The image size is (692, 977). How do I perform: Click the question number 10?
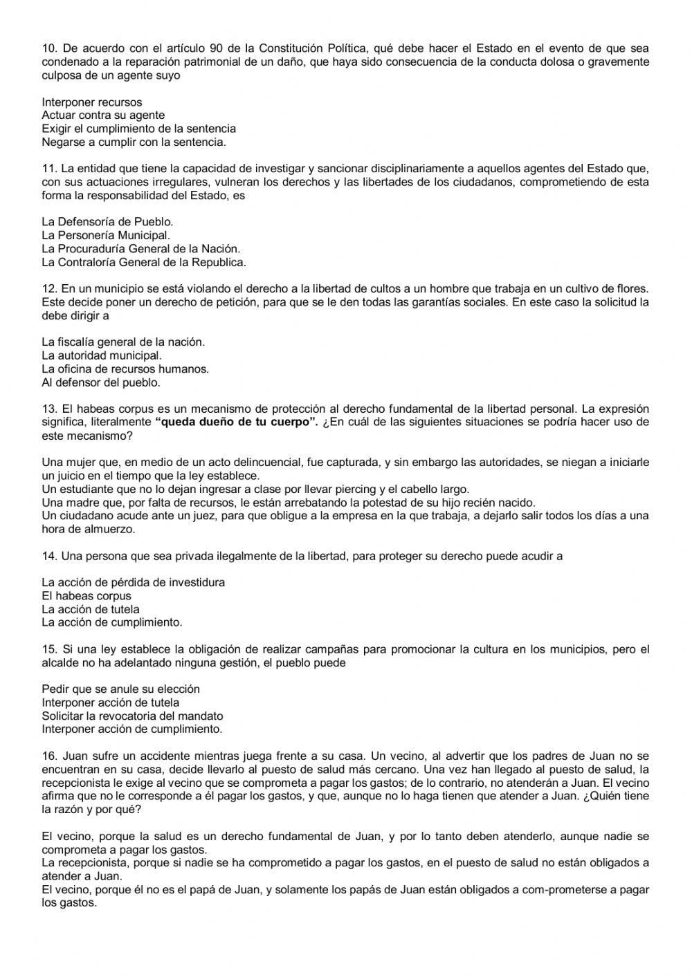click(x=49, y=48)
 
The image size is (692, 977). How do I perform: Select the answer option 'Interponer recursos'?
click(x=91, y=102)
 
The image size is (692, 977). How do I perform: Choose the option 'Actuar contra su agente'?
click(x=103, y=115)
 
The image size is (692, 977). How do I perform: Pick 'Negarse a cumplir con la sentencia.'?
click(x=134, y=142)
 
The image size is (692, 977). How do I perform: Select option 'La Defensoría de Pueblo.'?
click(x=107, y=223)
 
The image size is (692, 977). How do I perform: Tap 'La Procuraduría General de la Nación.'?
click(x=141, y=249)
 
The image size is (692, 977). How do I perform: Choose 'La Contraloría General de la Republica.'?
click(x=144, y=263)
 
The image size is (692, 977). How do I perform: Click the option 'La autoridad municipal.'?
click(x=101, y=356)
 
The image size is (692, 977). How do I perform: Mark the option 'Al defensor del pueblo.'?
click(x=101, y=382)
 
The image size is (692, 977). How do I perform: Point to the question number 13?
click(x=49, y=409)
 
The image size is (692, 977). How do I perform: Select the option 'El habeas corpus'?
click(x=86, y=596)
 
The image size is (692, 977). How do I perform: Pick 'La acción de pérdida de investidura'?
click(x=133, y=583)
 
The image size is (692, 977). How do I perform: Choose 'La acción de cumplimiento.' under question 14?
click(x=112, y=622)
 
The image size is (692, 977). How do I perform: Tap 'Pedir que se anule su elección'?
click(x=120, y=689)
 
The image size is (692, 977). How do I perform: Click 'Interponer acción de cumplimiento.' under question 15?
click(x=132, y=729)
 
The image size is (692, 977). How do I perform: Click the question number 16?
click(x=49, y=756)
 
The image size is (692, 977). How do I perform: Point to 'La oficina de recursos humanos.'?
click(x=125, y=369)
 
